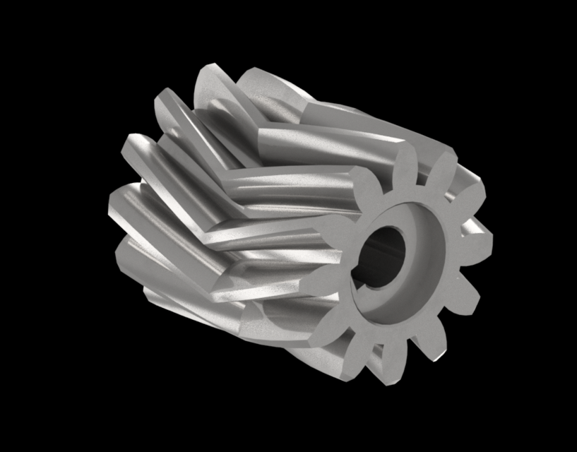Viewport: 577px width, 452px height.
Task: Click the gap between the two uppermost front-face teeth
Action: [x=422, y=169]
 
